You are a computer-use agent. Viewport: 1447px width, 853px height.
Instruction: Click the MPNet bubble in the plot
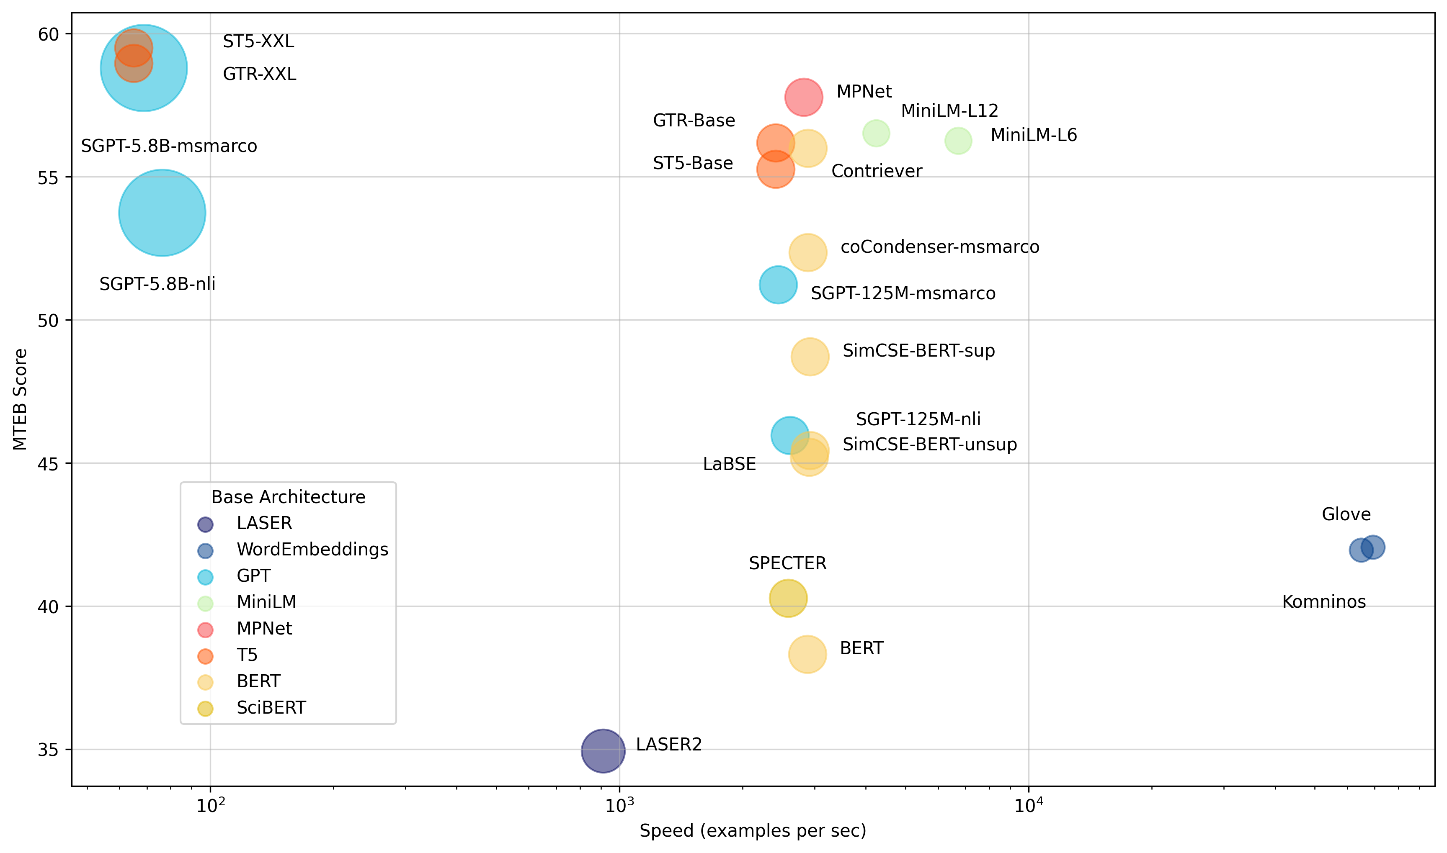pyautogui.click(x=803, y=97)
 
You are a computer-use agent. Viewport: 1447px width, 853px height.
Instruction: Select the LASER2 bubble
pyautogui.click(x=603, y=751)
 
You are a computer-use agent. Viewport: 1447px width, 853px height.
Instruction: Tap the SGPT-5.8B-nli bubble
pyautogui.click(x=162, y=213)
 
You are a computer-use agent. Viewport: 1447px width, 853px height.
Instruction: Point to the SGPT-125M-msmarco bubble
pyautogui.click(x=778, y=285)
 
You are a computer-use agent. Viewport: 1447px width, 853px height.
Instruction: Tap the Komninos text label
pyautogui.click(x=1323, y=602)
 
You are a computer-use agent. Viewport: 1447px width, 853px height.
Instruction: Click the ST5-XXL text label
pyautogui.click(x=258, y=41)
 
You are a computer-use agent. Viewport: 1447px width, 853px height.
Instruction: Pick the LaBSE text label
pyautogui.click(x=729, y=464)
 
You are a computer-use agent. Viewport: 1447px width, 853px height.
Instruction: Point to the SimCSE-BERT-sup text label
pyautogui.click(x=918, y=351)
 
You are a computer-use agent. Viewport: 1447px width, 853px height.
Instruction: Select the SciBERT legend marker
pyautogui.click(x=205, y=709)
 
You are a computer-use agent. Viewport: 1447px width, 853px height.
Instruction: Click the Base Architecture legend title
pyautogui.click(x=288, y=497)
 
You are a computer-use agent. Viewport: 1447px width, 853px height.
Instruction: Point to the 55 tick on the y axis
pyautogui.click(x=48, y=177)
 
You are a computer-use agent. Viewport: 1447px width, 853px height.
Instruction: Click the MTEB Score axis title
pyautogui.click(x=20, y=399)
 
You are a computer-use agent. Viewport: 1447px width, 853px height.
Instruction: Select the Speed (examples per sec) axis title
pyautogui.click(x=752, y=830)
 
